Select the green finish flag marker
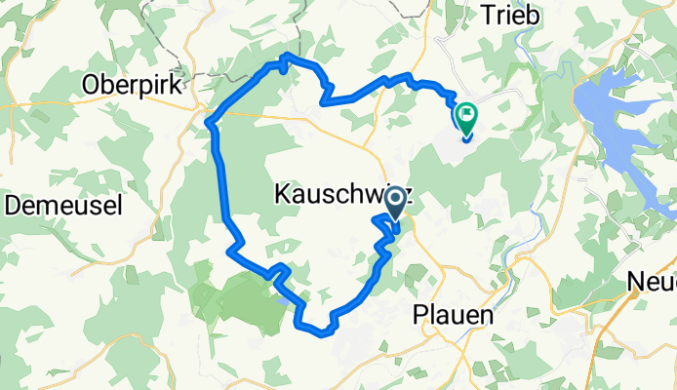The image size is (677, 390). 465,118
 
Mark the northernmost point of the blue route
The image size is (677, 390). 285,57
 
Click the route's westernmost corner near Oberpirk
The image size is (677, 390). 210,121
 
